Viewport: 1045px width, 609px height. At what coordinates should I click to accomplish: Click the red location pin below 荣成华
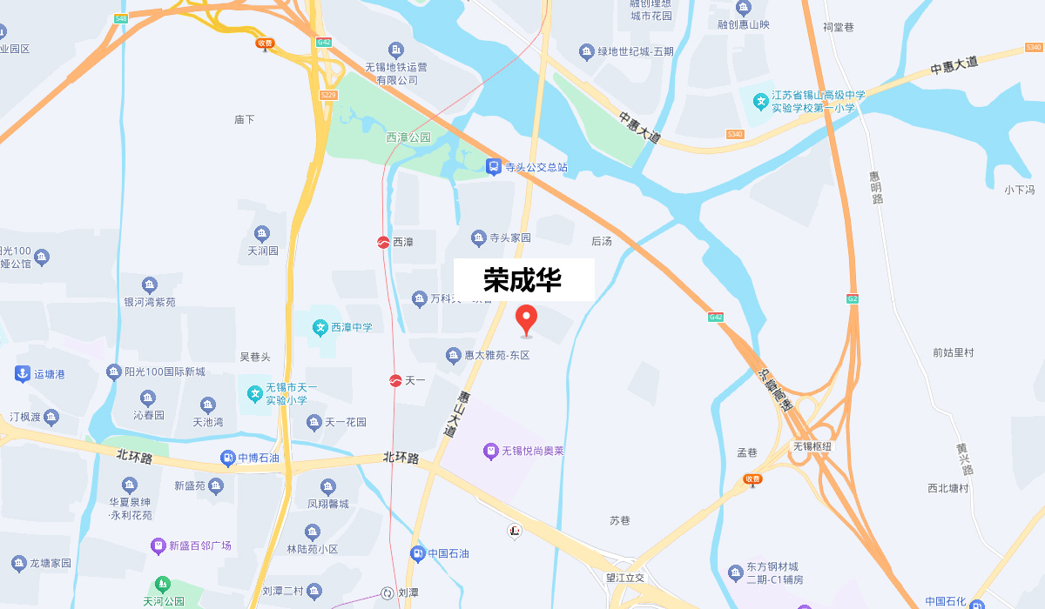[x=526, y=319]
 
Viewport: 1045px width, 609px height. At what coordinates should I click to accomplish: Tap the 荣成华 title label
[x=523, y=280]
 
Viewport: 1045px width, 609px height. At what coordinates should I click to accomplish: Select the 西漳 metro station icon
[x=383, y=242]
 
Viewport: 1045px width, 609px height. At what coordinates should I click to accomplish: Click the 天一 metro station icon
[x=395, y=380]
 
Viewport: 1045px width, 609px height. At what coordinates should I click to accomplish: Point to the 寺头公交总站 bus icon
[x=493, y=166]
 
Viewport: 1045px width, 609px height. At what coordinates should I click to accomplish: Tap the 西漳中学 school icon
[x=320, y=327]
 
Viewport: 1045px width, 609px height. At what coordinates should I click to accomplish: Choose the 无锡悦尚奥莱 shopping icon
[x=490, y=451]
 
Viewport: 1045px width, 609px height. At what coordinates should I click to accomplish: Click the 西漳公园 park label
[x=408, y=137]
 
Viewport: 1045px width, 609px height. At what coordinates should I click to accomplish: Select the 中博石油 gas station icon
[x=227, y=458]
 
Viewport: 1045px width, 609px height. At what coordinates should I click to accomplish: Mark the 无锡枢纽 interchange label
[x=812, y=446]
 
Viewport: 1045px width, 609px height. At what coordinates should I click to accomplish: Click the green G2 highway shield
[x=853, y=298]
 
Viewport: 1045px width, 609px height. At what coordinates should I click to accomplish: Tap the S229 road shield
[x=328, y=95]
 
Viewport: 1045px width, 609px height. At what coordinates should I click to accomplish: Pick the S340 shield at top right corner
[x=1034, y=47]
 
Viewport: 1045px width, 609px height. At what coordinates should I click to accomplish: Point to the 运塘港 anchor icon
[x=22, y=374]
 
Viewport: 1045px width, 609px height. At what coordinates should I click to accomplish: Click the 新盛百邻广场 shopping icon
[x=158, y=545]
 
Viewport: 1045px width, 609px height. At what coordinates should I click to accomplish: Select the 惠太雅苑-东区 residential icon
[x=453, y=355]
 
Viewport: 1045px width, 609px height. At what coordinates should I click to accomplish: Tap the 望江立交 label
[x=625, y=578]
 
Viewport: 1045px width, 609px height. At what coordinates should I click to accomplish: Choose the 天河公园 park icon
[x=161, y=585]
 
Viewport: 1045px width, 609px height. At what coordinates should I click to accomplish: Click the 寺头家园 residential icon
[x=478, y=238]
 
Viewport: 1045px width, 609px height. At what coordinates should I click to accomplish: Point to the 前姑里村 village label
[x=953, y=352]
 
